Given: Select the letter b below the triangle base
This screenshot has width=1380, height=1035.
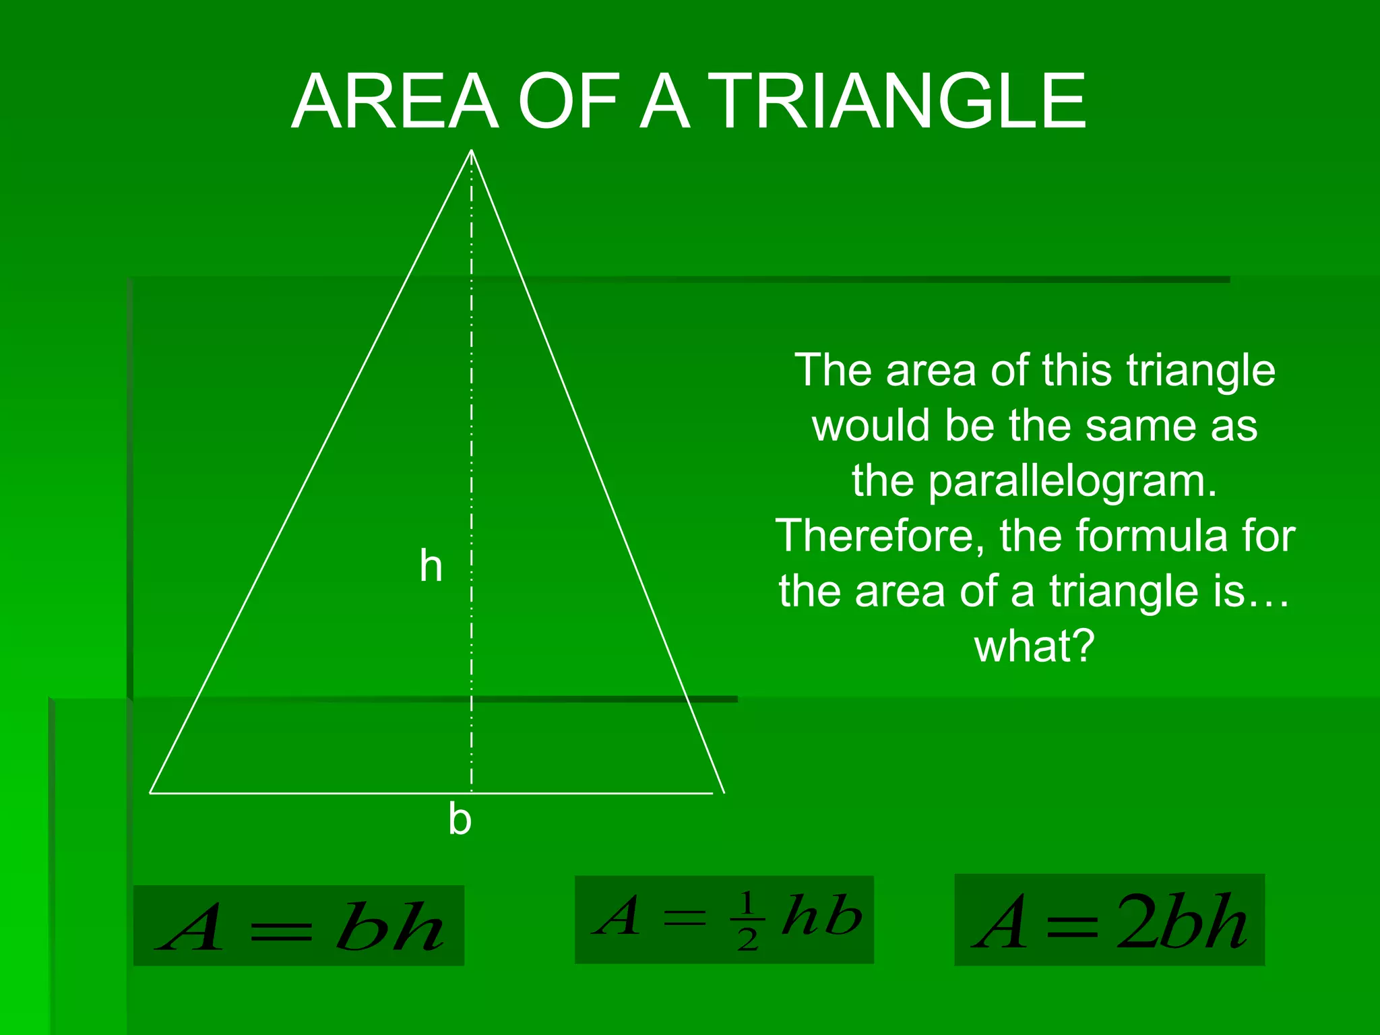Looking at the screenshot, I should pyautogui.click(x=460, y=819).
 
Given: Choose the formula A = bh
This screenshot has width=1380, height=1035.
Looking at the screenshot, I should pyautogui.click(x=299, y=925).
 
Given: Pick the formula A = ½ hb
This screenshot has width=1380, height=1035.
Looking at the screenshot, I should pyautogui.click(x=724, y=919).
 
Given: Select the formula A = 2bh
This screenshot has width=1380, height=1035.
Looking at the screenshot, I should pyautogui.click(x=1109, y=920).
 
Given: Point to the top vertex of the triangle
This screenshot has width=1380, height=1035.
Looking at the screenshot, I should pyautogui.click(x=472, y=150).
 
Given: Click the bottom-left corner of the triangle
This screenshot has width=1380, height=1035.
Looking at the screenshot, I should pyautogui.click(x=150, y=793).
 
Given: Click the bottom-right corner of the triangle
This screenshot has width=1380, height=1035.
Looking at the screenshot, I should pyautogui.click(x=723, y=793).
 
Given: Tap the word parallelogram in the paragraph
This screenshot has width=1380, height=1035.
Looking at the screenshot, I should pyautogui.click(x=1073, y=482).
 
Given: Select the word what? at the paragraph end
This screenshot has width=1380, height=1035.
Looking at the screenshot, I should pyautogui.click(x=1035, y=646).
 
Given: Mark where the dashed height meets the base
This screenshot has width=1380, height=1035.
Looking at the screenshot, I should pyautogui.click(x=472, y=793).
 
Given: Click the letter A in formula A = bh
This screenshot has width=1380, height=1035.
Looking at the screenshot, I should pyautogui.click(x=191, y=929).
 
